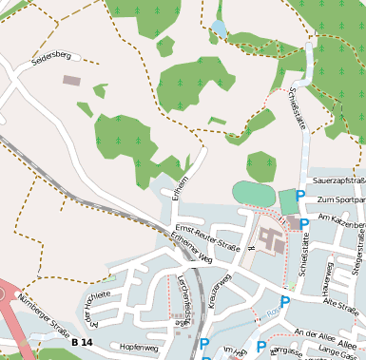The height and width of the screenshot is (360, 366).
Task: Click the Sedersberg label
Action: pos(51,56)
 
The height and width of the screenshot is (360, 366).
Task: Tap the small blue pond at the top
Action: pos(220,28)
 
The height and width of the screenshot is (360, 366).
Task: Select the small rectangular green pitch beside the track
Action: pos(288,201)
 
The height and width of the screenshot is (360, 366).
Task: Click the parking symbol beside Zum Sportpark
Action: pos(300,197)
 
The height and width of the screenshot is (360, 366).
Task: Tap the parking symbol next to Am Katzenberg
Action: pos(304,224)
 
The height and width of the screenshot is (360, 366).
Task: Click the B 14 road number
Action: pos(82,342)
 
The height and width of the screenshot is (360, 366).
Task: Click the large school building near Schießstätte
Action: pos(268,238)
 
